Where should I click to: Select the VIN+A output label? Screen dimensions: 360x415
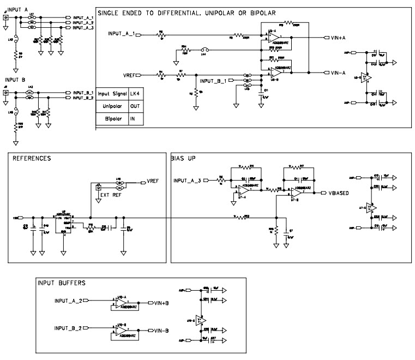coord(342,38)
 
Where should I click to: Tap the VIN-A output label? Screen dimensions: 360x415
coord(342,73)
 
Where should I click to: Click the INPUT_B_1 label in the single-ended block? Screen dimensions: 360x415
coord(216,81)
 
